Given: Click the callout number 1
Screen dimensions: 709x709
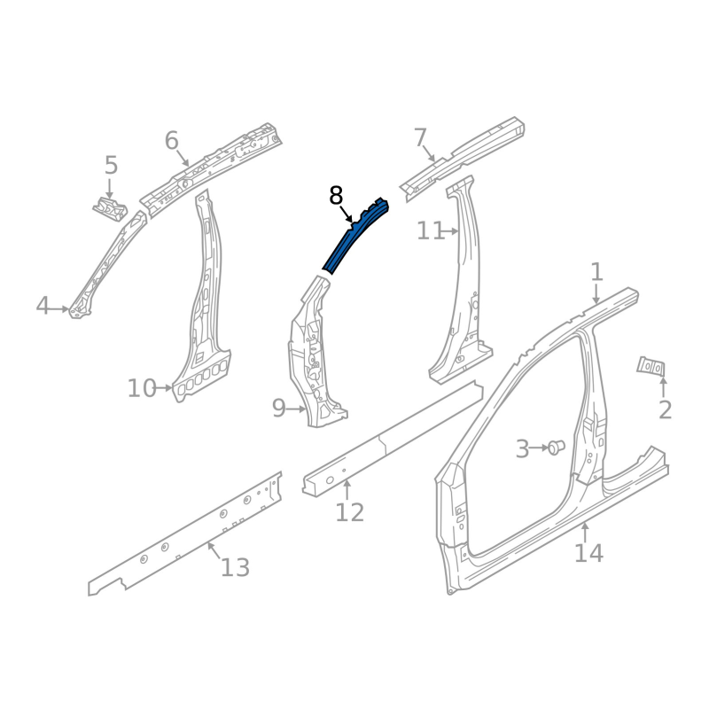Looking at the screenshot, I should pyautogui.click(x=596, y=271).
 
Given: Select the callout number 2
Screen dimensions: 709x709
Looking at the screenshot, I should pyautogui.click(x=665, y=409).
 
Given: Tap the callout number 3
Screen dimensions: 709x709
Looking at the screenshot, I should pyautogui.click(x=522, y=449).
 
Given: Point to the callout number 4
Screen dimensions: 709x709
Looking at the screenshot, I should pyautogui.click(x=43, y=307).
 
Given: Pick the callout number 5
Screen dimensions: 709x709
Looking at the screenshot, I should pyautogui.click(x=111, y=165).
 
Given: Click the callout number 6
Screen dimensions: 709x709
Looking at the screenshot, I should pyautogui.click(x=172, y=140).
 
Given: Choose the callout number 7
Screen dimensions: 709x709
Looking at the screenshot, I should pyautogui.click(x=420, y=137).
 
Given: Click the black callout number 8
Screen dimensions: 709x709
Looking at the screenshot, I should pyautogui.click(x=336, y=195).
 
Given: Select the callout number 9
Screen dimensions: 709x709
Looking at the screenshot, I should pyautogui.click(x=278, y=409).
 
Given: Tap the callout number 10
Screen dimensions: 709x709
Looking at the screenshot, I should pyautogui.click(x=141, y=388).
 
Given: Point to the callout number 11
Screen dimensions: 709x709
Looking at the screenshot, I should pyautogui.click(x=431, y=231).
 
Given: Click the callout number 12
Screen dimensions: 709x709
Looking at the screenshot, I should pyautogui.click(x=350, y=512).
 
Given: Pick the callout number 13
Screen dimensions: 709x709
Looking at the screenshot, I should pyautogui.click(x=235, y=567).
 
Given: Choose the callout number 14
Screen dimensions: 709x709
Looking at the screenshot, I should pyautogui.click(x=588, y=553).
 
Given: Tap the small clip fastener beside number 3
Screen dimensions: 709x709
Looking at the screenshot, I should pyautogui.click(x=556, y=448).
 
